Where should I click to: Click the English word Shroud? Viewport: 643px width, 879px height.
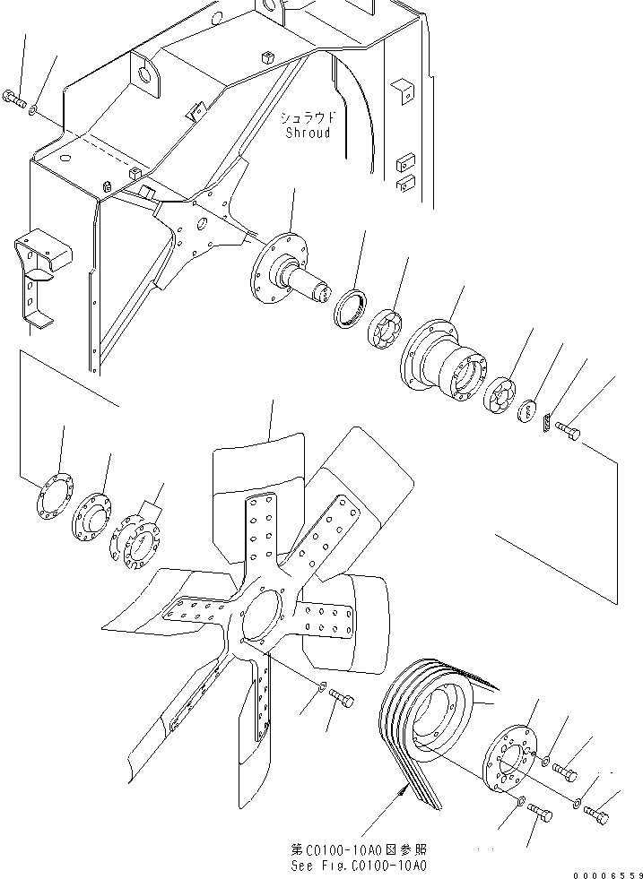(x=308, y=134)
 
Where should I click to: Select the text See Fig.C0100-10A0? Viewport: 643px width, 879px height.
(x=359, y=866)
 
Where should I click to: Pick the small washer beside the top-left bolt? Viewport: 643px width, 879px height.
(x=33, y=111)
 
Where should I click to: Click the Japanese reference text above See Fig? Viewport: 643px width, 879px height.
(x=359, y=849)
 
